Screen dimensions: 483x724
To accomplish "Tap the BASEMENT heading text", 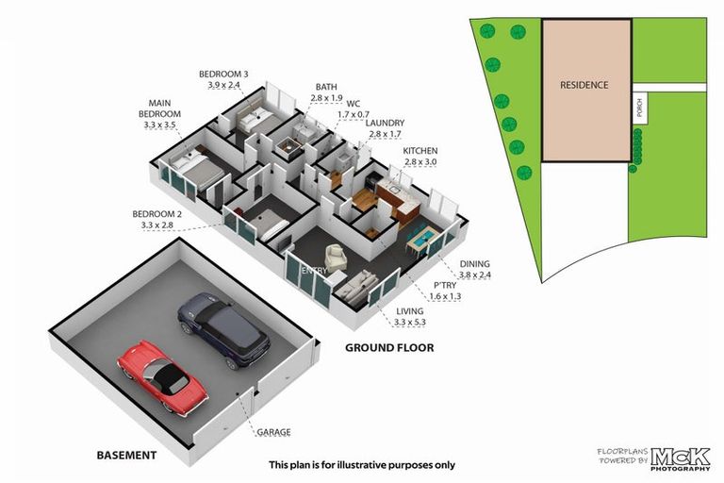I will (x=126, y=455).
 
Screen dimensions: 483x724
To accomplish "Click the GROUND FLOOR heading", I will (x=389, y=347).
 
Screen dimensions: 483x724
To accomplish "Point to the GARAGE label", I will (x=273, y=432).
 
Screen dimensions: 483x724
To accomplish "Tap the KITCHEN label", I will (x=420, y=151).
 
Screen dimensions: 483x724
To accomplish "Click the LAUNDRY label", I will (x=387, y=123).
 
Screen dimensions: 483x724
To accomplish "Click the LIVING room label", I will (x=410, y=311).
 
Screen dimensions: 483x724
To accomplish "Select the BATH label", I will (x=326, y=87).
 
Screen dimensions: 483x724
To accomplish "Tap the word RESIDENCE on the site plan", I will (x=584, y=85).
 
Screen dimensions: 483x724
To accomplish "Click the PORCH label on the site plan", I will (x=640, y=111).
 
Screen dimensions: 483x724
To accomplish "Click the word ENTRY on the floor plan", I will (x=313, y=271).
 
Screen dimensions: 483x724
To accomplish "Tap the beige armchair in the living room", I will (x=336, y=255).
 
